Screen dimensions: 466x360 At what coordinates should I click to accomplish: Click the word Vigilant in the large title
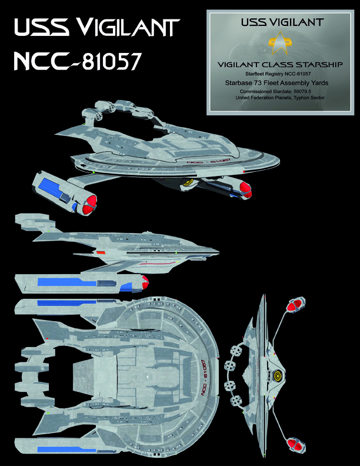pyautogui.click(x=127, y=29)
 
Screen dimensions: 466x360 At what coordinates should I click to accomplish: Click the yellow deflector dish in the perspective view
pyautogui.click(x=189, y=182)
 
